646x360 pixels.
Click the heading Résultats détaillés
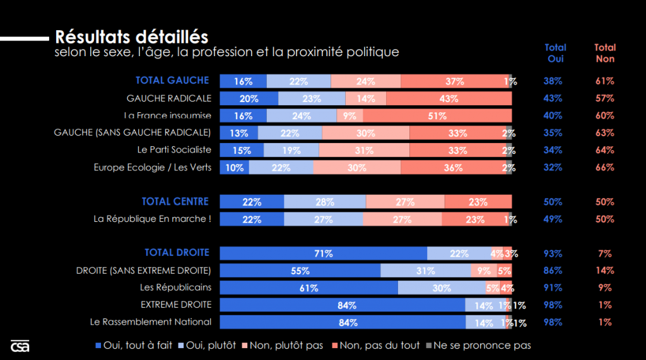pyautogui.click(x=132, y=37)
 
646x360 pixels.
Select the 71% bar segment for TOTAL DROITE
pyautogui.click(x=323, y=253)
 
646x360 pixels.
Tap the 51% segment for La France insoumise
pyautogui.click(x=437, y=115)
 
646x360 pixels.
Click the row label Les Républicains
pyautogui.click(x=175, y=287)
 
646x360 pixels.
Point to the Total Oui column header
pyautogui.click(x=555, y=53)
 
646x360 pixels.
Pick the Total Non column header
pyautogui.click(x=605, y=53)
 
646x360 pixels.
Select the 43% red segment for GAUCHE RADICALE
pyautogui.click(x=449, y=98)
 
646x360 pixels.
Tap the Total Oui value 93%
pyautogui.click(x=553, y=253)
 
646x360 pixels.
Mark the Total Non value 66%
pyautogui.click(x=604, y=168)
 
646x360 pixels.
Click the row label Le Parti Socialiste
pyautogui.click(x=174, y=150)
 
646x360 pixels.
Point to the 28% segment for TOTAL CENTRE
pyautogui.click(x=324, y=202)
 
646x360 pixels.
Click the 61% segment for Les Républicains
pyautogui.click(x=308, y=287)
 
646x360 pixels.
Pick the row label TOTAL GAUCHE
pyautogui.click(x=172, y=81)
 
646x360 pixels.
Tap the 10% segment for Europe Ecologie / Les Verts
pyautogui.click(x=234, y=168)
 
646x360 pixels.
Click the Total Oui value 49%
pyautogui.click(x=553, y=219)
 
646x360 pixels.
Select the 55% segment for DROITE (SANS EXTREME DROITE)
pyautogui.click(x=300, y=270)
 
